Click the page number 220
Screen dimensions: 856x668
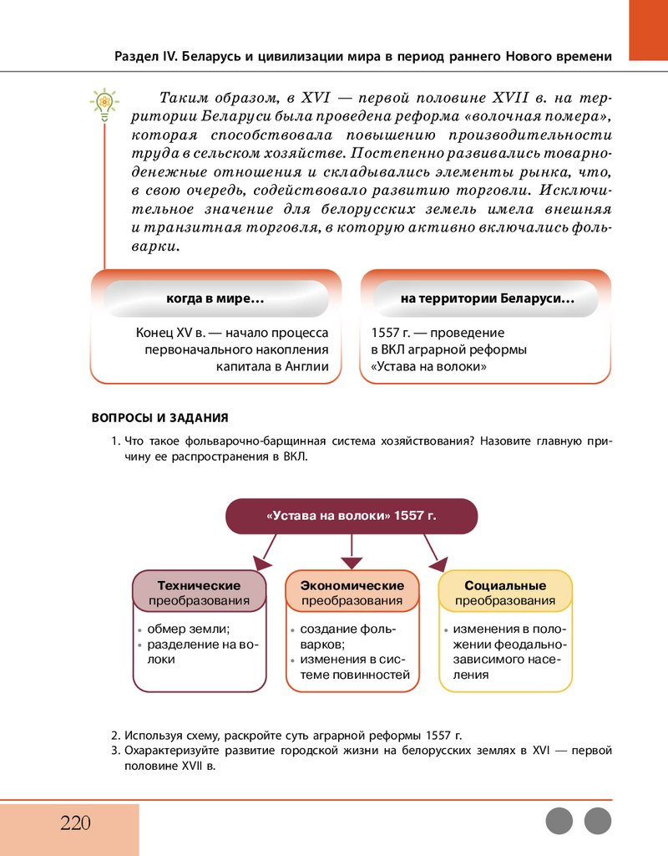[x=75, y=823]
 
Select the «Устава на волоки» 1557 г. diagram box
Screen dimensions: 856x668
[x=352, y=516]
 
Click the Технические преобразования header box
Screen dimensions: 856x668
[x=199, y=593]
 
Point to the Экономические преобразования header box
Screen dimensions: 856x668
[x=352, y=593]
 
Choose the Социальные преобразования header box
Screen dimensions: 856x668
[x=505, y=593]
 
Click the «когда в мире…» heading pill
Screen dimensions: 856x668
[x=215, y=298]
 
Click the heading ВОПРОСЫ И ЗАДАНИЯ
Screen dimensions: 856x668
[x=159, y=417]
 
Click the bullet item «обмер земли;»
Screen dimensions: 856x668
[x=189, y=629]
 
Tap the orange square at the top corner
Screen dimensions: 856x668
[x=648, y=29]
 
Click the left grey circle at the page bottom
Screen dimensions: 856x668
[x=559, y=821]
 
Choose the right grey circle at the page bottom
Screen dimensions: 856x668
[x=598, y=821]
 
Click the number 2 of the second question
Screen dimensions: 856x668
[x=114, y=736]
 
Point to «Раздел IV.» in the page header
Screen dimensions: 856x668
[x=142, y=57]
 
